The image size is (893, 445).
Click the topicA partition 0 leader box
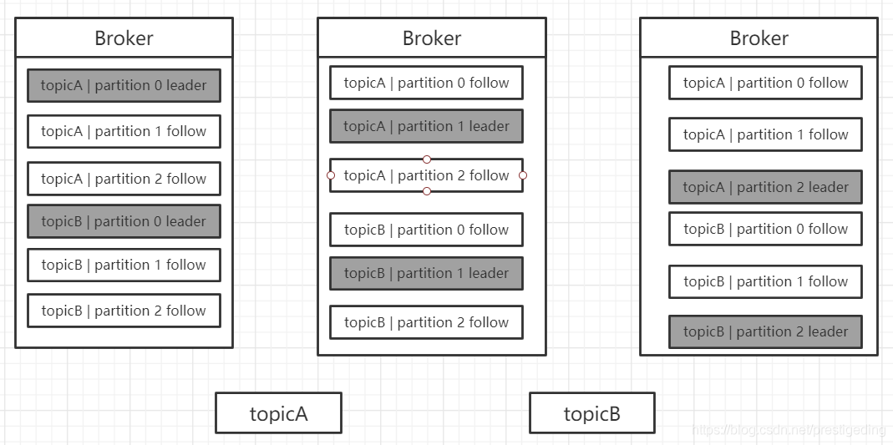pyautogui.click(x=124, y=85)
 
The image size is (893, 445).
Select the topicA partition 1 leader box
pyautogui.click(x=426, y=126)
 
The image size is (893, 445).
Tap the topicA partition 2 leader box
pyautogui.click(x=765, y=187)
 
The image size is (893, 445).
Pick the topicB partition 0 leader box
pyautogui.click(x=124, y=221)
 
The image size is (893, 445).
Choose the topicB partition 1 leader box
pyautogui.click(x=426, y=273)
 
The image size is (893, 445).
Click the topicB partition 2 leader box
pyautogui.click(x=765, y=331)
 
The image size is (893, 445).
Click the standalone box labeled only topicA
pyautogui.click(x=278, y=413)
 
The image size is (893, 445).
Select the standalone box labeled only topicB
pyautogui.click(x=591, y=413)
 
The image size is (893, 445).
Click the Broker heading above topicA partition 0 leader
pyautogui.click(x=124, y=38)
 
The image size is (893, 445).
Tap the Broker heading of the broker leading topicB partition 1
pyautogui.click(x=431, y=38)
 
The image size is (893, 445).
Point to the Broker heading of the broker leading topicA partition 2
pyautogui.click(x=759, y=38)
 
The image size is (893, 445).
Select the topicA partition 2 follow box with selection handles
pyautogui.click(x=426, y=175)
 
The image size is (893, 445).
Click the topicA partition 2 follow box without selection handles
pyautogui.click(x=124, y=179)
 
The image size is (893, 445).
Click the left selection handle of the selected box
pyautogui.click(x=330, y=175)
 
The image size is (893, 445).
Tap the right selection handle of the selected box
pyautogui.click(x=523, y=175)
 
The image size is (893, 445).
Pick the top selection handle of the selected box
pyautogui.click(x=427, y=159)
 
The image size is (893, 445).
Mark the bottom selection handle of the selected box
pyautogui.click(x=427, y=191)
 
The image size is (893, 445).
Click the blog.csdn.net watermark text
pyautogui.click(x=789, y=430)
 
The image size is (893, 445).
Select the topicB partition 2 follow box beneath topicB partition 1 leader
pyautogui.click(x=426, y=322)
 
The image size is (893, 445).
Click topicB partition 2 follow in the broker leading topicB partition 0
pyautogui.click(x=124, y=311)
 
